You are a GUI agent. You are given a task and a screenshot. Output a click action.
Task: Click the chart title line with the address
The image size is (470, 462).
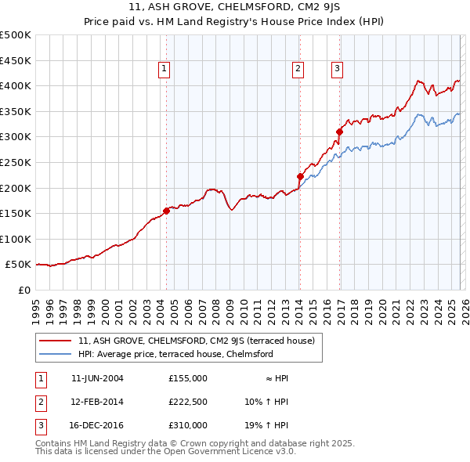[x=235, y=9]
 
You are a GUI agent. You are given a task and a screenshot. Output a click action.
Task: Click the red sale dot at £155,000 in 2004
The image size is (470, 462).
[x=166, y=211]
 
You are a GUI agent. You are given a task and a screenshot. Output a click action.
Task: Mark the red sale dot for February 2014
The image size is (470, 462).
[x=300, y=176]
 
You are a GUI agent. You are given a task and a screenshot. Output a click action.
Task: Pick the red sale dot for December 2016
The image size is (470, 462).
[x=339, y=132]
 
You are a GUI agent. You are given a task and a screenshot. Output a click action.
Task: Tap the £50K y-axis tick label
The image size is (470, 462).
[x=19, y=265]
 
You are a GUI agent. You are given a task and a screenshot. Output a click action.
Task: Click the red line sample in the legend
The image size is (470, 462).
[x=56, y=341]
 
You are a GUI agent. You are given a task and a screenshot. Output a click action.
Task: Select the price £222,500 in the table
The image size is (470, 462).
[x=187, y=402]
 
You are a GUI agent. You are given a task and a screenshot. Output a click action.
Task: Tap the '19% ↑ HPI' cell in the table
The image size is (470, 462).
[x=266, y=425]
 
